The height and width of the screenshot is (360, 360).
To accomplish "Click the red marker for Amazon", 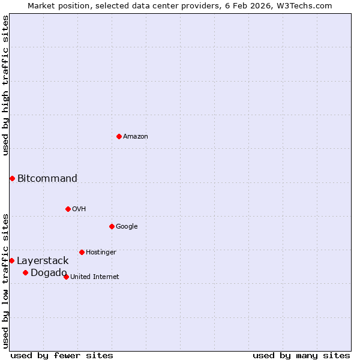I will coord(119,136).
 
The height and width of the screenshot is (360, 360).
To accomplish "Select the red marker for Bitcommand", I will coord(12,178).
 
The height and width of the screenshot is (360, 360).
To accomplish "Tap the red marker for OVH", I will coord(68,209).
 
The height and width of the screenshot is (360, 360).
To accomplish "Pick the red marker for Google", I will coord(112,226).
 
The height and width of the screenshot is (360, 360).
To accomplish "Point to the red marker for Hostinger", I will coord(82,252).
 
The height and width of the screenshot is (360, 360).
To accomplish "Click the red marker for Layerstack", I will coord(11,260).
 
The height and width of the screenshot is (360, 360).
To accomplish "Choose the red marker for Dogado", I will coord(25,273).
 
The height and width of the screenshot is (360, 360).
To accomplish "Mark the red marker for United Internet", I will coord(66,277).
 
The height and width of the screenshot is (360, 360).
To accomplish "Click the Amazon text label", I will coord(136,137).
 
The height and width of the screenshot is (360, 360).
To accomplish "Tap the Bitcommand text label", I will coord(47,178).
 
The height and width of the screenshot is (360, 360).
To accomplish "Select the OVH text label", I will coord(79,209).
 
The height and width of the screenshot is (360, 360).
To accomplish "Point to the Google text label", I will coord(127,227).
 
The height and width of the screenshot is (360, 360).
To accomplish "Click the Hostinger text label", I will coord(101,253).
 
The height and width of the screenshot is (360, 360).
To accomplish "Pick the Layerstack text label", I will coord(43,261).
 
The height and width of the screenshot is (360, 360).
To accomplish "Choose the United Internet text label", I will coord(94,277).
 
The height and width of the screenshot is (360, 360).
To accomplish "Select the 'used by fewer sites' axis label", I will coord(62,355).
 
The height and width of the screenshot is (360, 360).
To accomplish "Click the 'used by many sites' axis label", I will coord(301,355).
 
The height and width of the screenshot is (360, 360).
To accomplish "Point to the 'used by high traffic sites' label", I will coord(6,85).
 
